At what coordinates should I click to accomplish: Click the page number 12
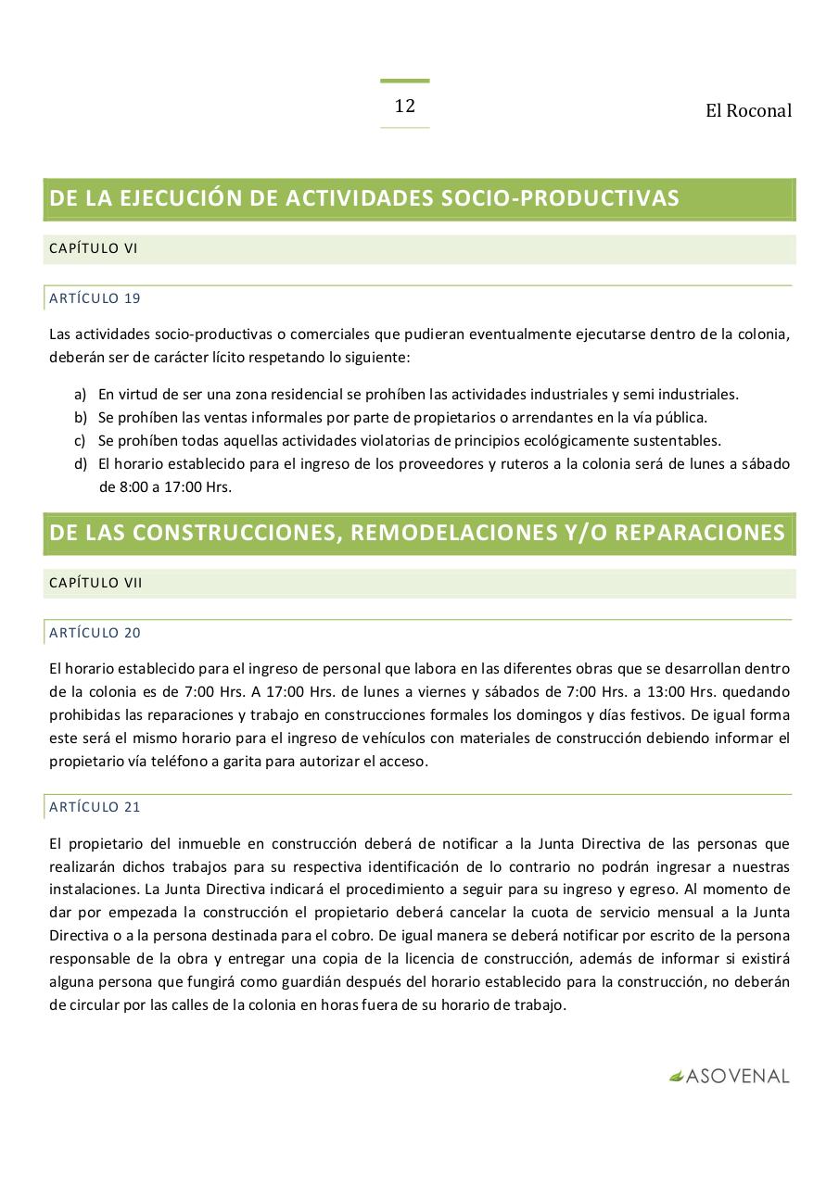(x=404, y=106)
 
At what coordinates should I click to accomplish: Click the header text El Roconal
(x=748, y=111)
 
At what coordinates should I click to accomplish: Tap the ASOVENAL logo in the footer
(x=730, y=1077)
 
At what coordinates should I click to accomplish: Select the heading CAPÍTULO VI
(x=93, y=248)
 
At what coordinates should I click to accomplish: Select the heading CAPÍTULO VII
(x=95, y=583)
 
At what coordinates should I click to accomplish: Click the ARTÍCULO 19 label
(x=95, y=298)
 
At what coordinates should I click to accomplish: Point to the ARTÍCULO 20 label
(x=95, y=633)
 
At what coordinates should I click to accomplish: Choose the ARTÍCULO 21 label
(x=95, y=807)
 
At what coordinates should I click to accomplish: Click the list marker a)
(x=80, y=394)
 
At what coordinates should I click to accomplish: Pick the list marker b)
(x=80, y=417)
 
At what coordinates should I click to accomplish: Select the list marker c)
(x=80, y=440)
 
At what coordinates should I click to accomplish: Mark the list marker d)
(x=80, y=463)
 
